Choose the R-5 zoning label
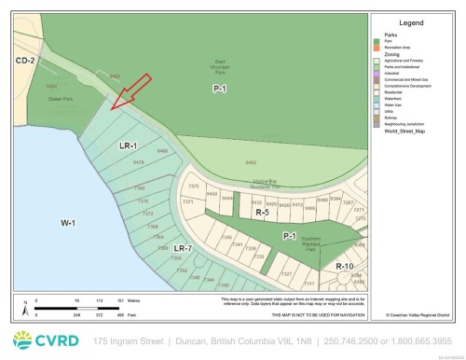(x=263, y=214)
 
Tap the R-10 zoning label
(x=346, y=266)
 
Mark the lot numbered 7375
(x=194, y=187)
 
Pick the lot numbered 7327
(x=286, y=272)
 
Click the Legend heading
(x=410, y=21)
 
